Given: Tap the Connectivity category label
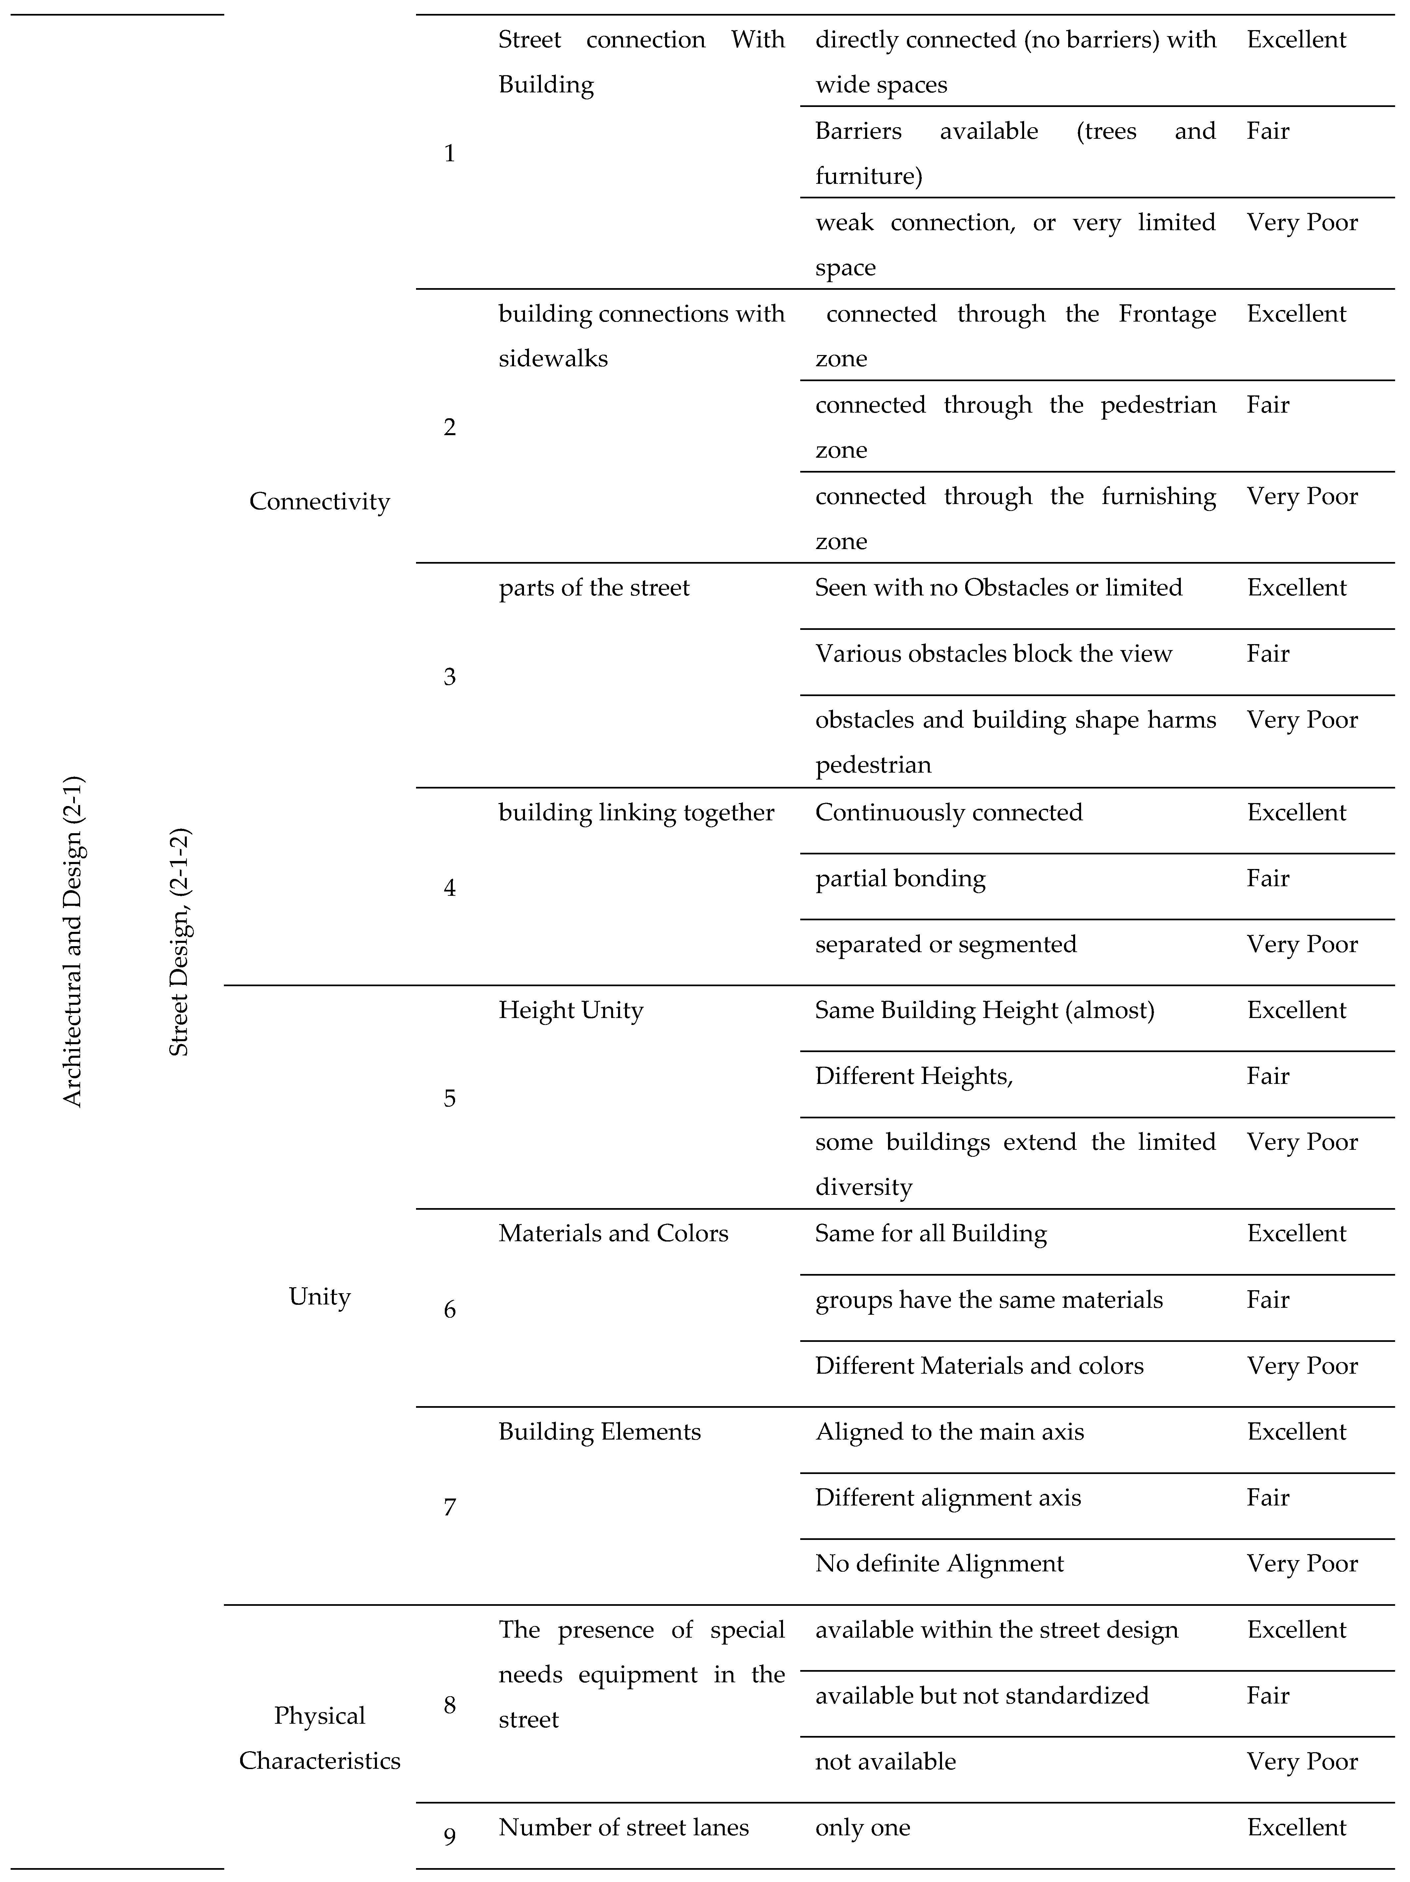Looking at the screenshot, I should pyautogui.click(x=319, y=501).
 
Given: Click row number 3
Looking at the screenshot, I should pyautogui.click(x=449, y=676).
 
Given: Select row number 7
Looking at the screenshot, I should pyautogui.click(x=449, y=1507).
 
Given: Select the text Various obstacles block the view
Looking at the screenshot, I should pyautogui.click(x=993, y=653).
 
